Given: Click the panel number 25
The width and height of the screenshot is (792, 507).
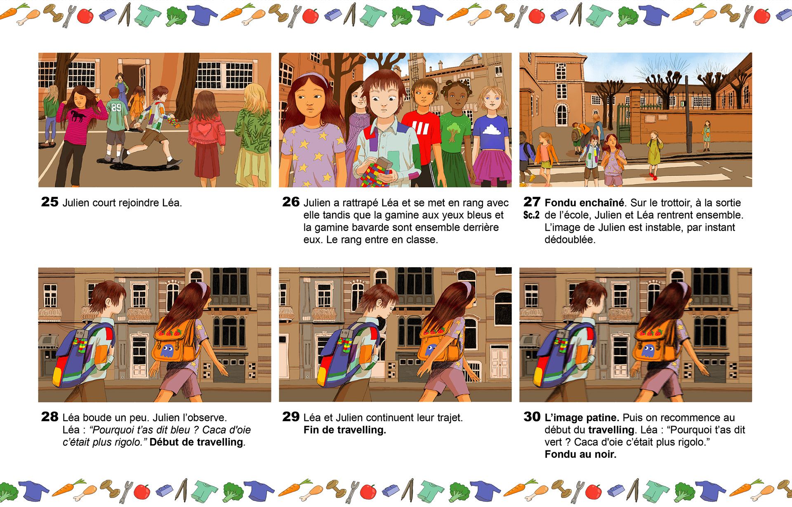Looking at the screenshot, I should pos(49,201).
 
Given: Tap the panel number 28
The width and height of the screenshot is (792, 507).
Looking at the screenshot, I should pos(49,416).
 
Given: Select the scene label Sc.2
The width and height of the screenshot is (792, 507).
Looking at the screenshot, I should pos(531,215).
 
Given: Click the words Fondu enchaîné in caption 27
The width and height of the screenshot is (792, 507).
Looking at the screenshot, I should pos(584,203).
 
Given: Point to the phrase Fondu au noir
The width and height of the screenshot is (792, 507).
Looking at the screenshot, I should pos(580,454).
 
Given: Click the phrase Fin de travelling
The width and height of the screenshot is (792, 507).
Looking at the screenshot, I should pos(344,430).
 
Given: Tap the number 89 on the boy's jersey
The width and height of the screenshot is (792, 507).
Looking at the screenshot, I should pos(116,108).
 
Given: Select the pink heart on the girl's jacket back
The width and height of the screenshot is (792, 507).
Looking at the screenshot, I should pos(204,129).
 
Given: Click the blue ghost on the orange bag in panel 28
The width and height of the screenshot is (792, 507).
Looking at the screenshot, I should pos(167,351).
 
